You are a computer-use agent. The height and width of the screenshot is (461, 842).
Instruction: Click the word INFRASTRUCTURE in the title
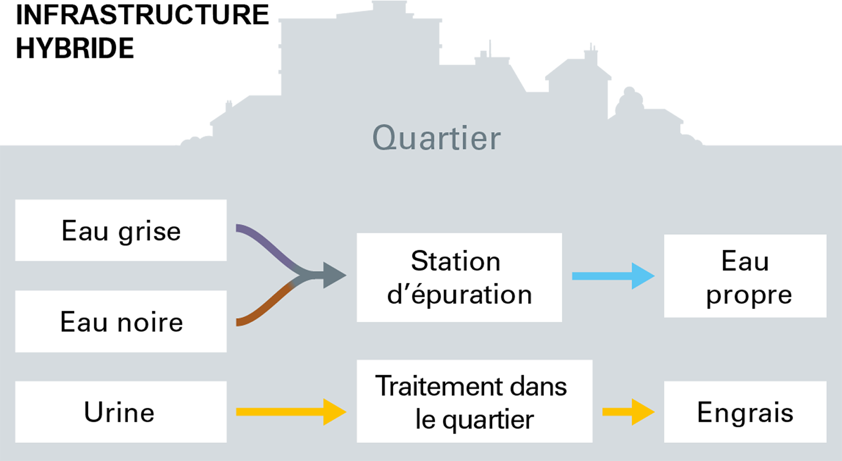click(x=143, y=15)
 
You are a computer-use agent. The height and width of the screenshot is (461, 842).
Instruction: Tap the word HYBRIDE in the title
click(x=75, y=48)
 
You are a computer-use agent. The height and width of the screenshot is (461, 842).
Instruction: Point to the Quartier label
click(x=436, y=138)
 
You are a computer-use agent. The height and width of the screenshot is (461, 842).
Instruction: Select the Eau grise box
click(x=121, y=230)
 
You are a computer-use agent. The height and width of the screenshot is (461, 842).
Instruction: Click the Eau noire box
click(x=121, y=322)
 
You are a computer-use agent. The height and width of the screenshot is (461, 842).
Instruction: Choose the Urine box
click(x=121, y=412)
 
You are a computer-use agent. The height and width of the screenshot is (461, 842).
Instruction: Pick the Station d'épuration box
click(x=459, y=277)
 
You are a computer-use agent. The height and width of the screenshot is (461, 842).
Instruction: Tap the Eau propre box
click(x=745, y=276)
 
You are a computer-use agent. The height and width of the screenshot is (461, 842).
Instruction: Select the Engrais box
click(x=745, y=412)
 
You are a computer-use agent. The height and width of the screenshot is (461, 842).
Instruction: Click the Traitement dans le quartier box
click(x=474, y=401)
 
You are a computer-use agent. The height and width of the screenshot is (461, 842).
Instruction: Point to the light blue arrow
click(x=613, y=276)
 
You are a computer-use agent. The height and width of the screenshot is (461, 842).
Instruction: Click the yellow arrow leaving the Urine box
click(x=291, y=412)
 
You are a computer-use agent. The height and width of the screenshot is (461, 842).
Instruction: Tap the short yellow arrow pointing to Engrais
click(x=628, y=412)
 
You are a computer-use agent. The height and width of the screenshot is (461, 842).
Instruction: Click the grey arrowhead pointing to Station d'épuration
click(x=334, y=275)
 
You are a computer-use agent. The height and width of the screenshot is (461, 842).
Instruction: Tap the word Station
click(x=456, y=261)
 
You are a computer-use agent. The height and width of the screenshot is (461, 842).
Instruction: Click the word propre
click(x=749, y=295)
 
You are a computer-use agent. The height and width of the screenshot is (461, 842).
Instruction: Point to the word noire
click(x=150, y=322)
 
